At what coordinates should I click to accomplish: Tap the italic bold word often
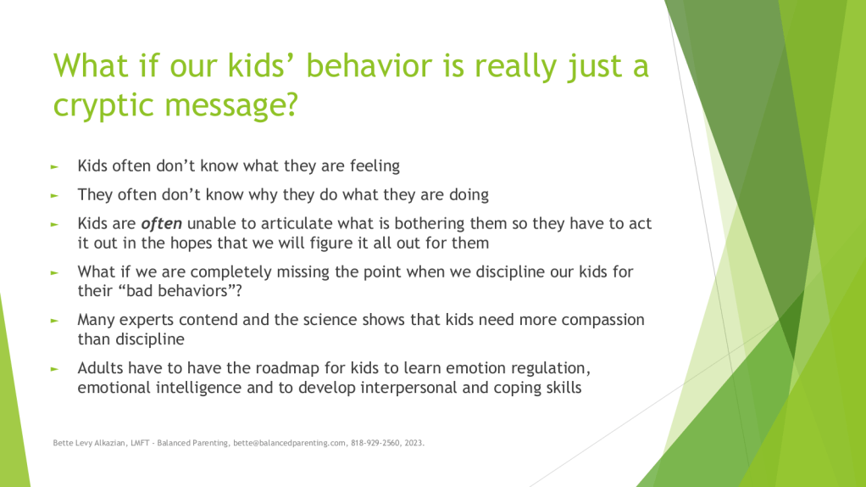coord(161,223)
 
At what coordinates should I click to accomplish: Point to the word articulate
coord(297,223)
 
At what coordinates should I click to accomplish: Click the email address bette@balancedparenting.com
coord(290,443)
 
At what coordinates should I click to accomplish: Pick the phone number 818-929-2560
coord(375,443)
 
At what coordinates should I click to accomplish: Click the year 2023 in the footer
coord(414,443)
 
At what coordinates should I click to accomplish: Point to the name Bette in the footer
coord(63,443)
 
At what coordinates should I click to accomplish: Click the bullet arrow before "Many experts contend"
coord(54,321)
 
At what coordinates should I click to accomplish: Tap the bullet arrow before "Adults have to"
coord(54,369)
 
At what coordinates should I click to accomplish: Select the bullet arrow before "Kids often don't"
coord(54,166)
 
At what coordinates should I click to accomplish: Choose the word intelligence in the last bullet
coord(198,388)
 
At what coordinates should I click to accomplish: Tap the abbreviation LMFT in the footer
coord(140,443)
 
